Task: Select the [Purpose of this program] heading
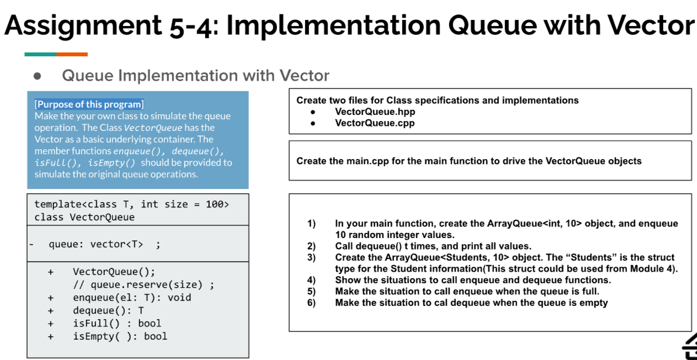coord(89,104)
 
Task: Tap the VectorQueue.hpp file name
coord(375,112)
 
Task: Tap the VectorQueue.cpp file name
coord(375,123)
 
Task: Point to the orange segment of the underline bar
coord(72,54)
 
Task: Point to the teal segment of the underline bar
coord(40,54)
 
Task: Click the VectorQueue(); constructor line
coord(114,272)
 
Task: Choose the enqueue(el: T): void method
coord(132,298)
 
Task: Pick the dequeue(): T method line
coord(108,310)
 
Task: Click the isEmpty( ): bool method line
coord(120,336)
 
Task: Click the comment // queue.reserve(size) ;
coord(143,285)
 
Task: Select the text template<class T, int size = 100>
coord(131,204)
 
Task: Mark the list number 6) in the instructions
coord(311,303)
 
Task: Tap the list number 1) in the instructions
coord(311,224)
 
